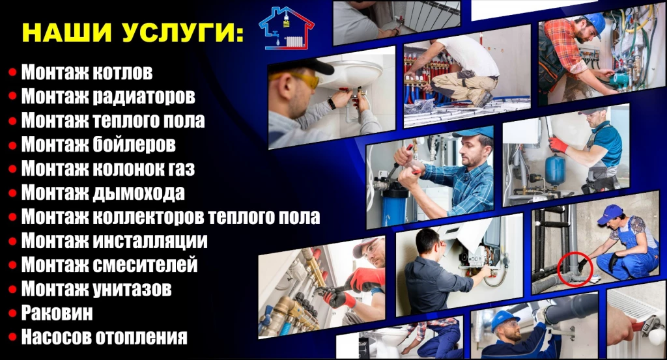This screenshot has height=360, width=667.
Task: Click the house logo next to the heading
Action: click(287, 28)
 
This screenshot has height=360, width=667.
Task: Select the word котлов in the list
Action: click(122, 72)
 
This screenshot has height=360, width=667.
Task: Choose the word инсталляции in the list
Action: click(150, 241)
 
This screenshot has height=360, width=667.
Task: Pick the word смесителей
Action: click(145, 264)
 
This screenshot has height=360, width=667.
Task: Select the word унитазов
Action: click(132, 289)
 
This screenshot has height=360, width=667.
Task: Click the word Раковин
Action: click(57, 313)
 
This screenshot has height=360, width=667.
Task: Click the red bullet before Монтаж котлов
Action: click(13, 72)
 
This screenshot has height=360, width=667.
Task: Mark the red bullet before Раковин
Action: click(13, 313)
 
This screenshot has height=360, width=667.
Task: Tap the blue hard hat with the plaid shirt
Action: click(596, 23)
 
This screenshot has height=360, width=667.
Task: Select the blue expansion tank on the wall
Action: click(556, 169)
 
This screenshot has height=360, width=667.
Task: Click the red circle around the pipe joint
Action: click(575, 269)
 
